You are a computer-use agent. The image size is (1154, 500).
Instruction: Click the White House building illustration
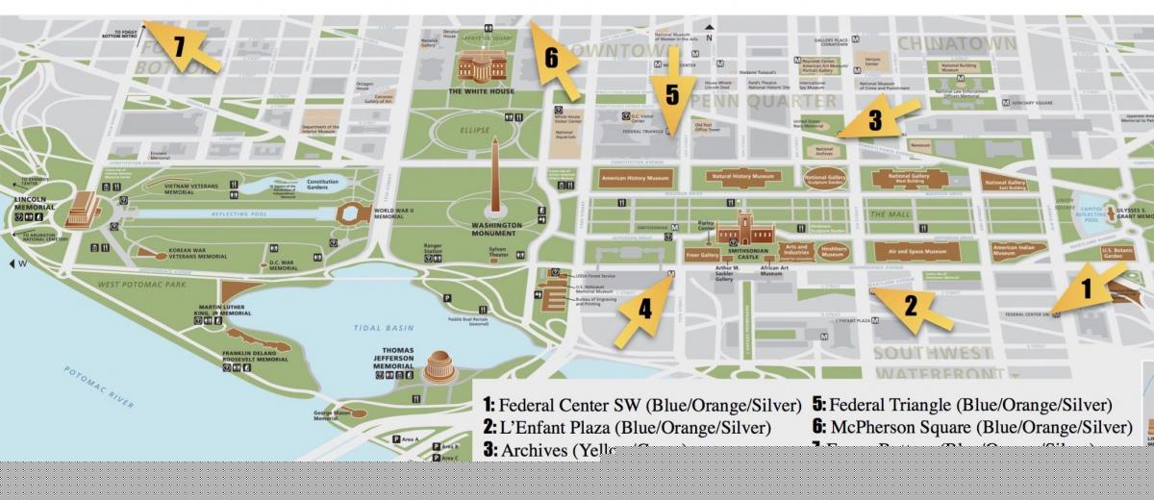[481, 66]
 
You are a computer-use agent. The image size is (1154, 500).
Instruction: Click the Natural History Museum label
[742, 177]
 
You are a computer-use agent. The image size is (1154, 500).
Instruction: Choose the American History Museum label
[634, 178]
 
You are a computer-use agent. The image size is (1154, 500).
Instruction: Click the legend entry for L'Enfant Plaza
[626, 427]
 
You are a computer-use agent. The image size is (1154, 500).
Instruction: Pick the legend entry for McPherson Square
[971, 427]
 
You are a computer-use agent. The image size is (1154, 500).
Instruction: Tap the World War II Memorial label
[393, 213]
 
